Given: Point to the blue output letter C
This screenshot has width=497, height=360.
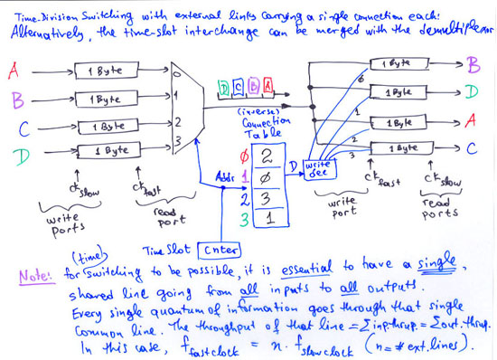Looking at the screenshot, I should tap(472, 150).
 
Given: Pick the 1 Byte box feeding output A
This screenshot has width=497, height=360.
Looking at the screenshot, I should tap(396, 119).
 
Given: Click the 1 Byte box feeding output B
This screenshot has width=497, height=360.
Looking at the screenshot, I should tap(396, 64).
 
